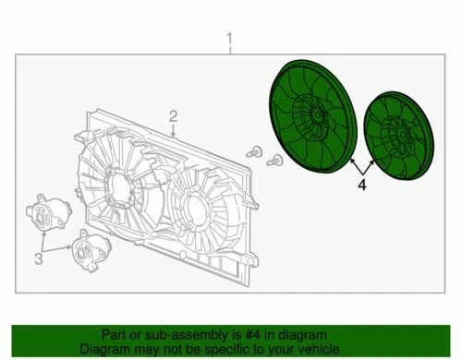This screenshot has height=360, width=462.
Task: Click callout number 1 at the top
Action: tap(230, 40)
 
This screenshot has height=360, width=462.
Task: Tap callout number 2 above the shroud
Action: tap(172, 115)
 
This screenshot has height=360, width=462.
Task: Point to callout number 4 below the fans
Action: tap(362, 185)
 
